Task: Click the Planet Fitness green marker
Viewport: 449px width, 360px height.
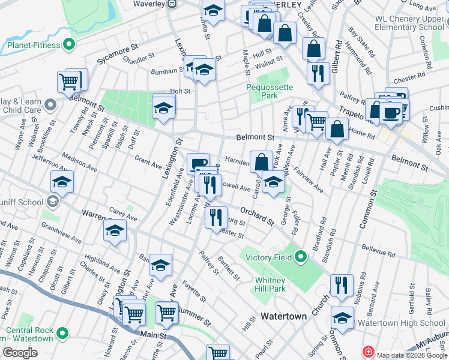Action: coord(70,44)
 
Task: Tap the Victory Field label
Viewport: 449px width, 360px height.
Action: coord(269,258)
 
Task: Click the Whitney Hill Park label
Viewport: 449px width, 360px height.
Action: coord(270,284)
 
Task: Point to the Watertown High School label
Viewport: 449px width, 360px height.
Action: coord(401,323)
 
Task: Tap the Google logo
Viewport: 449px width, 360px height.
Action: coord(19,353)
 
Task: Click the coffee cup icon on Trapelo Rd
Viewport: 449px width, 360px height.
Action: coord(391,112)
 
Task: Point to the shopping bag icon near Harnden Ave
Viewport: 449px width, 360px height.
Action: coord(261,161)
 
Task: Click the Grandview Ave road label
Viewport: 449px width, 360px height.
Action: coord(62,235)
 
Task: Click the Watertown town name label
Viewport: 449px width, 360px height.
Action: coord(284,316)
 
